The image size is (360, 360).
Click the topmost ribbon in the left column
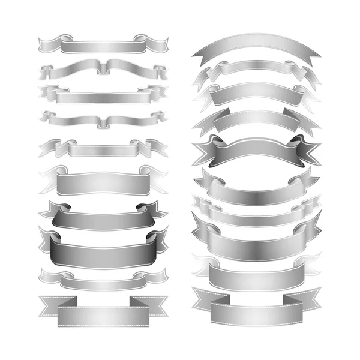click(x=102, y=46)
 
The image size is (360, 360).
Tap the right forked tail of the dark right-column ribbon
click(x=309, y=150)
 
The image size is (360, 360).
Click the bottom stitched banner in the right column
click(x=256, y=313)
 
